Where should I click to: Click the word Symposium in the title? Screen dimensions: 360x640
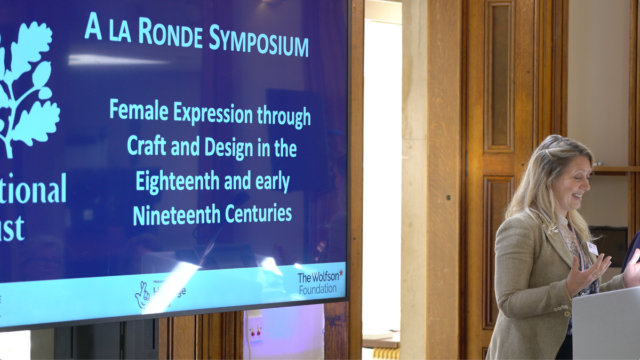pyautogui.click(x=259, y=41)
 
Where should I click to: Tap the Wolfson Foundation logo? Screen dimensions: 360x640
pyautogui.click(x=320, y=282)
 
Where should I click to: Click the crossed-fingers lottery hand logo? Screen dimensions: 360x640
pyautogui.click(x=142, y=295)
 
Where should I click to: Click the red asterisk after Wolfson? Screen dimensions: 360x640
pyautogui.click(x=341, y=274)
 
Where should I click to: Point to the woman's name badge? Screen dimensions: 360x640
pyautogui.click(x=593, y=248)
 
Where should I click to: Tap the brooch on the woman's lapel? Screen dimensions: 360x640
pyautogui.click(x=553, y=229)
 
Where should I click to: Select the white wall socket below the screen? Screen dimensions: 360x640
pyautogui.click(x=255, y=326)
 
